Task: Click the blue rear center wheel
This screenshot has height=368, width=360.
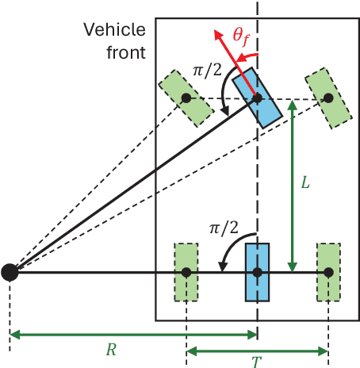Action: (x=258, y=272)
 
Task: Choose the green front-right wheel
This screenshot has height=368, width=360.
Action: (x=326, y=97)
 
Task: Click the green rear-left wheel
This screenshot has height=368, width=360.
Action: (x=186, y=272)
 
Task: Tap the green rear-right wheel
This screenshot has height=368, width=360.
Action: (x=327, y=272)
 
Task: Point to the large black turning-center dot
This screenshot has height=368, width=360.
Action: (x=10, y=272)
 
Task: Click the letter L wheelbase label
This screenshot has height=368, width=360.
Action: (x=305, y=182)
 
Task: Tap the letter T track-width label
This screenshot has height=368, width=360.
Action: (x=256, y=362)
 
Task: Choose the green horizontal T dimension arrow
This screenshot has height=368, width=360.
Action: (x=256, y=351)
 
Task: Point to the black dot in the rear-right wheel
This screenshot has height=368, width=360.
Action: (x=327, y=272)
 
